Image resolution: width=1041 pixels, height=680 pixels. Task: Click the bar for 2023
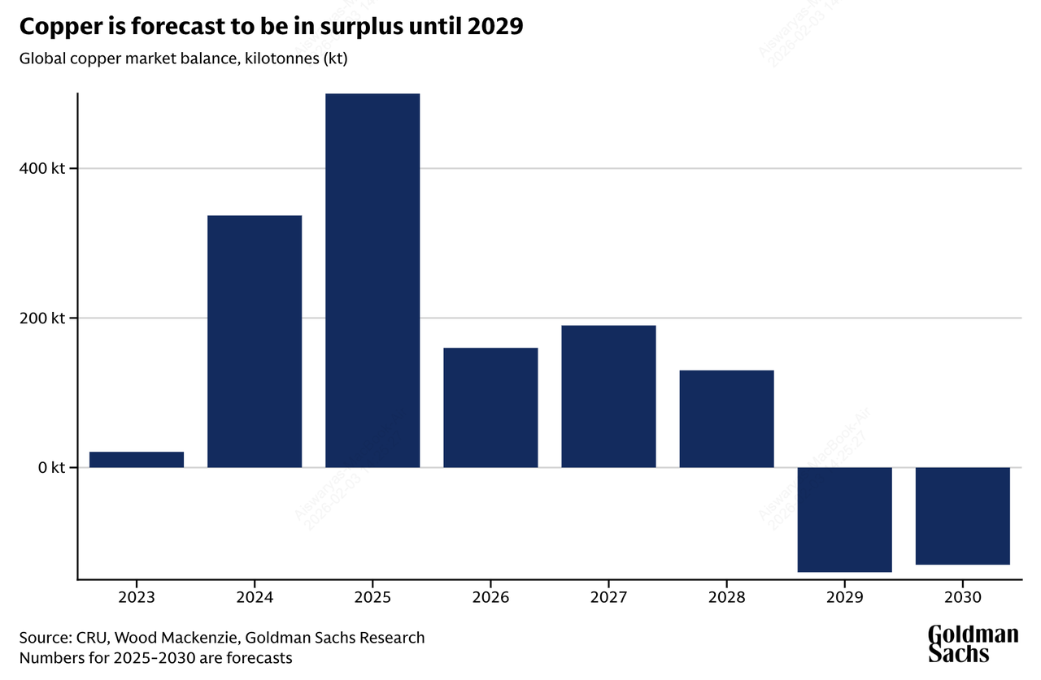pyautogui.click(x=137, y=459)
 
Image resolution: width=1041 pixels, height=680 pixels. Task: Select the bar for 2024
pyautogui.click(x=255, y=341)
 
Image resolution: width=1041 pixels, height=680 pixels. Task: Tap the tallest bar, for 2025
pyautogui.click(x=372, y=280)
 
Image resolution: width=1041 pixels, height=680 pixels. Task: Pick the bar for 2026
pyautogui.click(x=490, y=407)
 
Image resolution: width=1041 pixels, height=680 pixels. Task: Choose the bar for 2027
pyautogui.click(x=608, y=396)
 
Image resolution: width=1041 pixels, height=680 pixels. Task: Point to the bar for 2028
pyautogui.click(x=726, y=418)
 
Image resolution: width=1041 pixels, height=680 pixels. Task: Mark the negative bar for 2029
pyautogui.click(x=844, y=519)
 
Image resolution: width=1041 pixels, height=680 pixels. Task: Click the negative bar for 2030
pyautogui.click(x=963, y=515)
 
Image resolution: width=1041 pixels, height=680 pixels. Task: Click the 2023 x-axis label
pyautogui.click(x=137, y=597)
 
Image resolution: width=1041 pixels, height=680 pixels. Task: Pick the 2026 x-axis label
pyautogui.click(x=490, y=597)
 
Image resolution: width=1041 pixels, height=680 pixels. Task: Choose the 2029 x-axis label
pyautogui.click(x=844, y=597)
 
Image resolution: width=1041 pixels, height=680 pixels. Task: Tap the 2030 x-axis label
pyautogui.click(x=963, y=597)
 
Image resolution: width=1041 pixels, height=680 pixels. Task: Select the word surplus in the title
pyautogui.click(x=352, y=27)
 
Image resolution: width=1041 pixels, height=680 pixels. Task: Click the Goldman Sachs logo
pyautogui.click(x=973, y=643)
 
